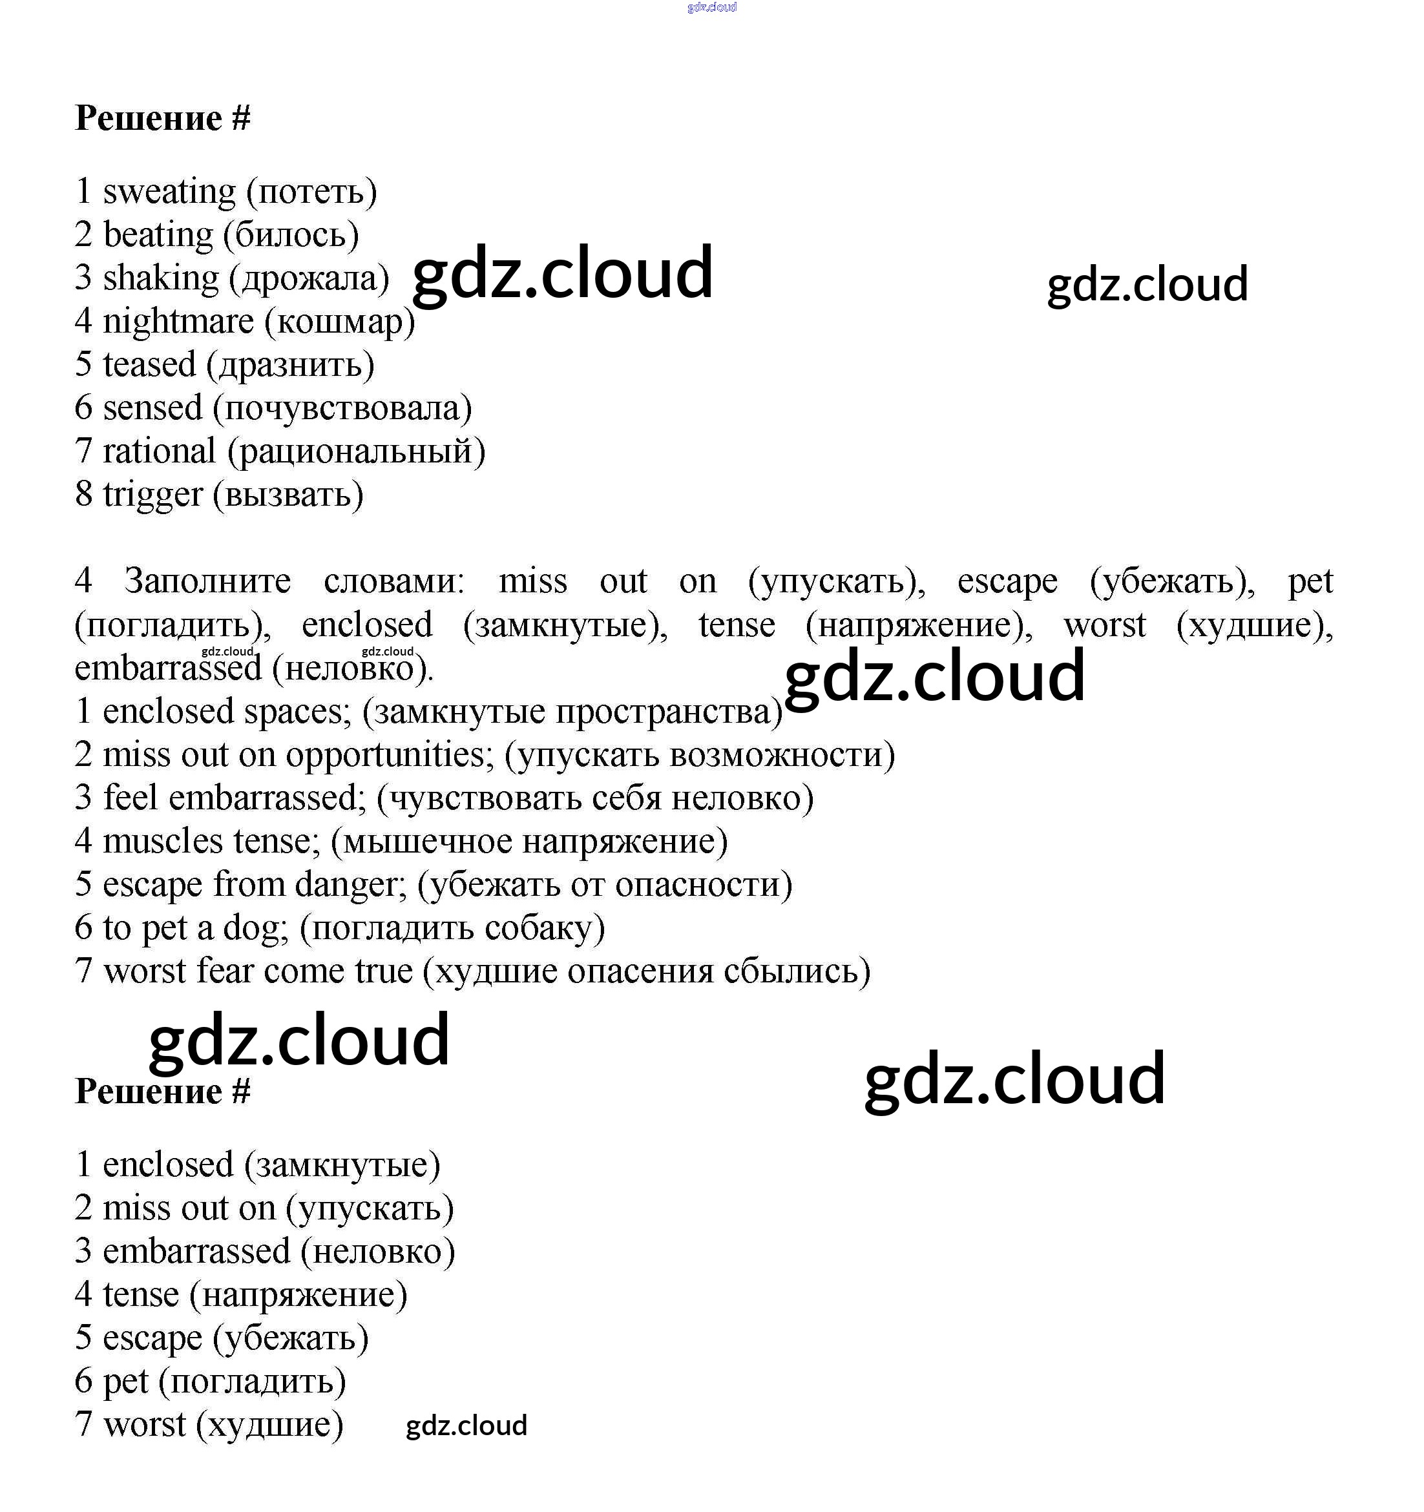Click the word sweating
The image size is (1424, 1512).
[169, 192]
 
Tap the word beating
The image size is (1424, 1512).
[158, 235]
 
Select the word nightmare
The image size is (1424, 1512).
[178, 322]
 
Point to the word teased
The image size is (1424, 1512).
[149, 365]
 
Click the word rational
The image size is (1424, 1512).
[159, 451]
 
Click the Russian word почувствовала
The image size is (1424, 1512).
[343, 408]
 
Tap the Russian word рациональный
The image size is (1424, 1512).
[356, 451]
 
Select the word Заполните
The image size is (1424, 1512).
[207, 582]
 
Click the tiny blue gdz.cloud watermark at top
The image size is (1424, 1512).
[711, 8]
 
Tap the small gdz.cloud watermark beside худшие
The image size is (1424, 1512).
[466, 1425]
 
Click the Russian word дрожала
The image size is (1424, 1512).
[309, 278]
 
